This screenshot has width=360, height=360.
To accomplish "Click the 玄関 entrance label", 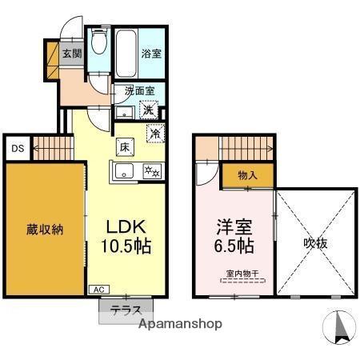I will tap(72, 54).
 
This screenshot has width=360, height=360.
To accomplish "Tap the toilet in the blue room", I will tap(98, 42).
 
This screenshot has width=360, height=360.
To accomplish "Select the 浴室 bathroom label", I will tap(152, 55).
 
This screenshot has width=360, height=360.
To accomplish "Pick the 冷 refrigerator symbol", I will tap(155, 134).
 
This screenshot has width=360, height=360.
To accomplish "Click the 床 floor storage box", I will tap(126, 147).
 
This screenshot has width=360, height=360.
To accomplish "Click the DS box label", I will tap(17, 149).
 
